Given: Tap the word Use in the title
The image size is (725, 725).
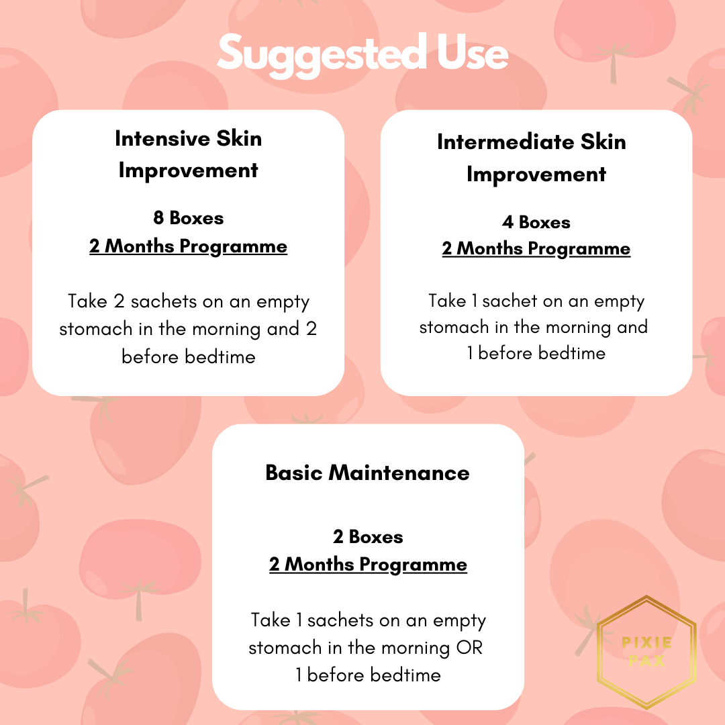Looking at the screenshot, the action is [x=472, y=52].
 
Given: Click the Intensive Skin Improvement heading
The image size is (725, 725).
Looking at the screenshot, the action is [x=188, y=154].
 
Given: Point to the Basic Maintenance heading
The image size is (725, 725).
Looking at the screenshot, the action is [x=368, y=473].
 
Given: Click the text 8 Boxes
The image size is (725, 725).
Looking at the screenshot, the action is [x=188, y=217].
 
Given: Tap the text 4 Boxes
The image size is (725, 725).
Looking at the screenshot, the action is [x=536, y=222].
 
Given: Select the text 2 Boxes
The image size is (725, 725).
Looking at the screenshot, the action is [x=368, y=537].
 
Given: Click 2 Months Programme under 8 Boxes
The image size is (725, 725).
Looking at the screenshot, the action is [x=188, y=246].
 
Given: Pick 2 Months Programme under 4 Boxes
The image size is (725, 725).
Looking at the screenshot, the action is [x=536, y=249].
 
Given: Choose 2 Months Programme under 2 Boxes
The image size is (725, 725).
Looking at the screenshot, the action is [x=368, y=565].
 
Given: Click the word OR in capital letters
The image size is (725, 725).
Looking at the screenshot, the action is [x=469, y=648].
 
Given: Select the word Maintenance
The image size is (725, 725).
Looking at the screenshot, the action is [x=399, y=473].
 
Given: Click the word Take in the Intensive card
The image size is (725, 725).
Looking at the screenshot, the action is [x=87, y=301].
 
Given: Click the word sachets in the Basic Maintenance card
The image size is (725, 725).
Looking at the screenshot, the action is [x=340, y=620].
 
